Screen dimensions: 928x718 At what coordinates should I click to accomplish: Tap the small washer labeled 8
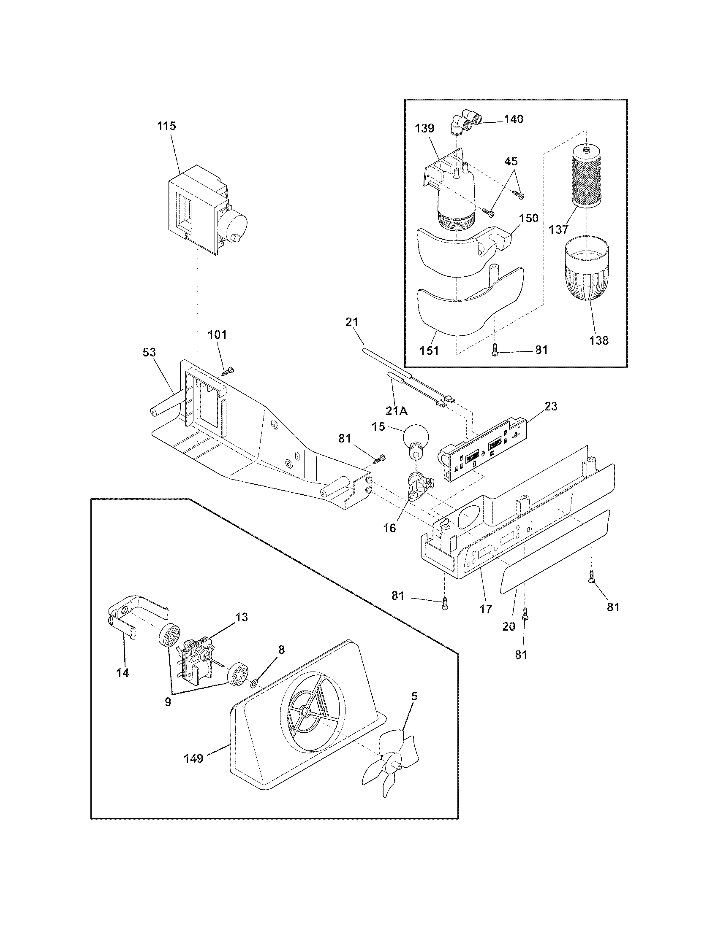coord(253,684)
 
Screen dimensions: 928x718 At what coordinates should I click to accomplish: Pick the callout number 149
coord(193,758)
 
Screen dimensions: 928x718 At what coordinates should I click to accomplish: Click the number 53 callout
coord(149,352)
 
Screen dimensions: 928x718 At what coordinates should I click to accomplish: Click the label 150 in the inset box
coord(529,219)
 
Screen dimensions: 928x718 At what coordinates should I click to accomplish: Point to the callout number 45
coord(511,161)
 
